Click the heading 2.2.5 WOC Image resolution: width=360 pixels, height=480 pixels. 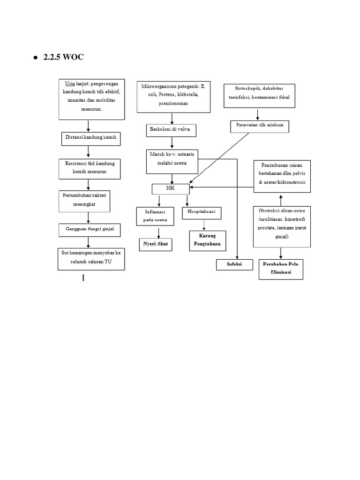click(64, 58)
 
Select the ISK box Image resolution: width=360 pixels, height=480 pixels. click(171, 188)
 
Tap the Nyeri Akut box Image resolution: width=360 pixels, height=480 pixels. click(156, 244)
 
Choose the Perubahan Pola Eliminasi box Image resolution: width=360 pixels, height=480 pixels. click(280, 269)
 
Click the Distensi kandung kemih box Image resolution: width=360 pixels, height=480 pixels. click(89, 138)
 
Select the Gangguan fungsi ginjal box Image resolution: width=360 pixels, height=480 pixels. click(89, 230)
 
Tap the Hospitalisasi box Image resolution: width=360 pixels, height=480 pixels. click(201, 213)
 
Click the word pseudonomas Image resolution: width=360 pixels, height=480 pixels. click(172, 103)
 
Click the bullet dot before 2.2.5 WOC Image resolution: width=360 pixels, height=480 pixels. click(35, 58)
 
